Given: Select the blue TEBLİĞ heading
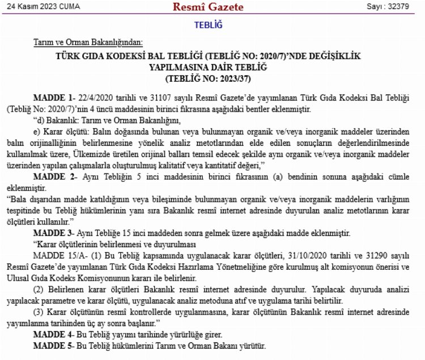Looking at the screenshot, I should (x=209, y=25).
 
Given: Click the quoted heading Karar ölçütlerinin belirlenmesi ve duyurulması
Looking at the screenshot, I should (x=116, y=244).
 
